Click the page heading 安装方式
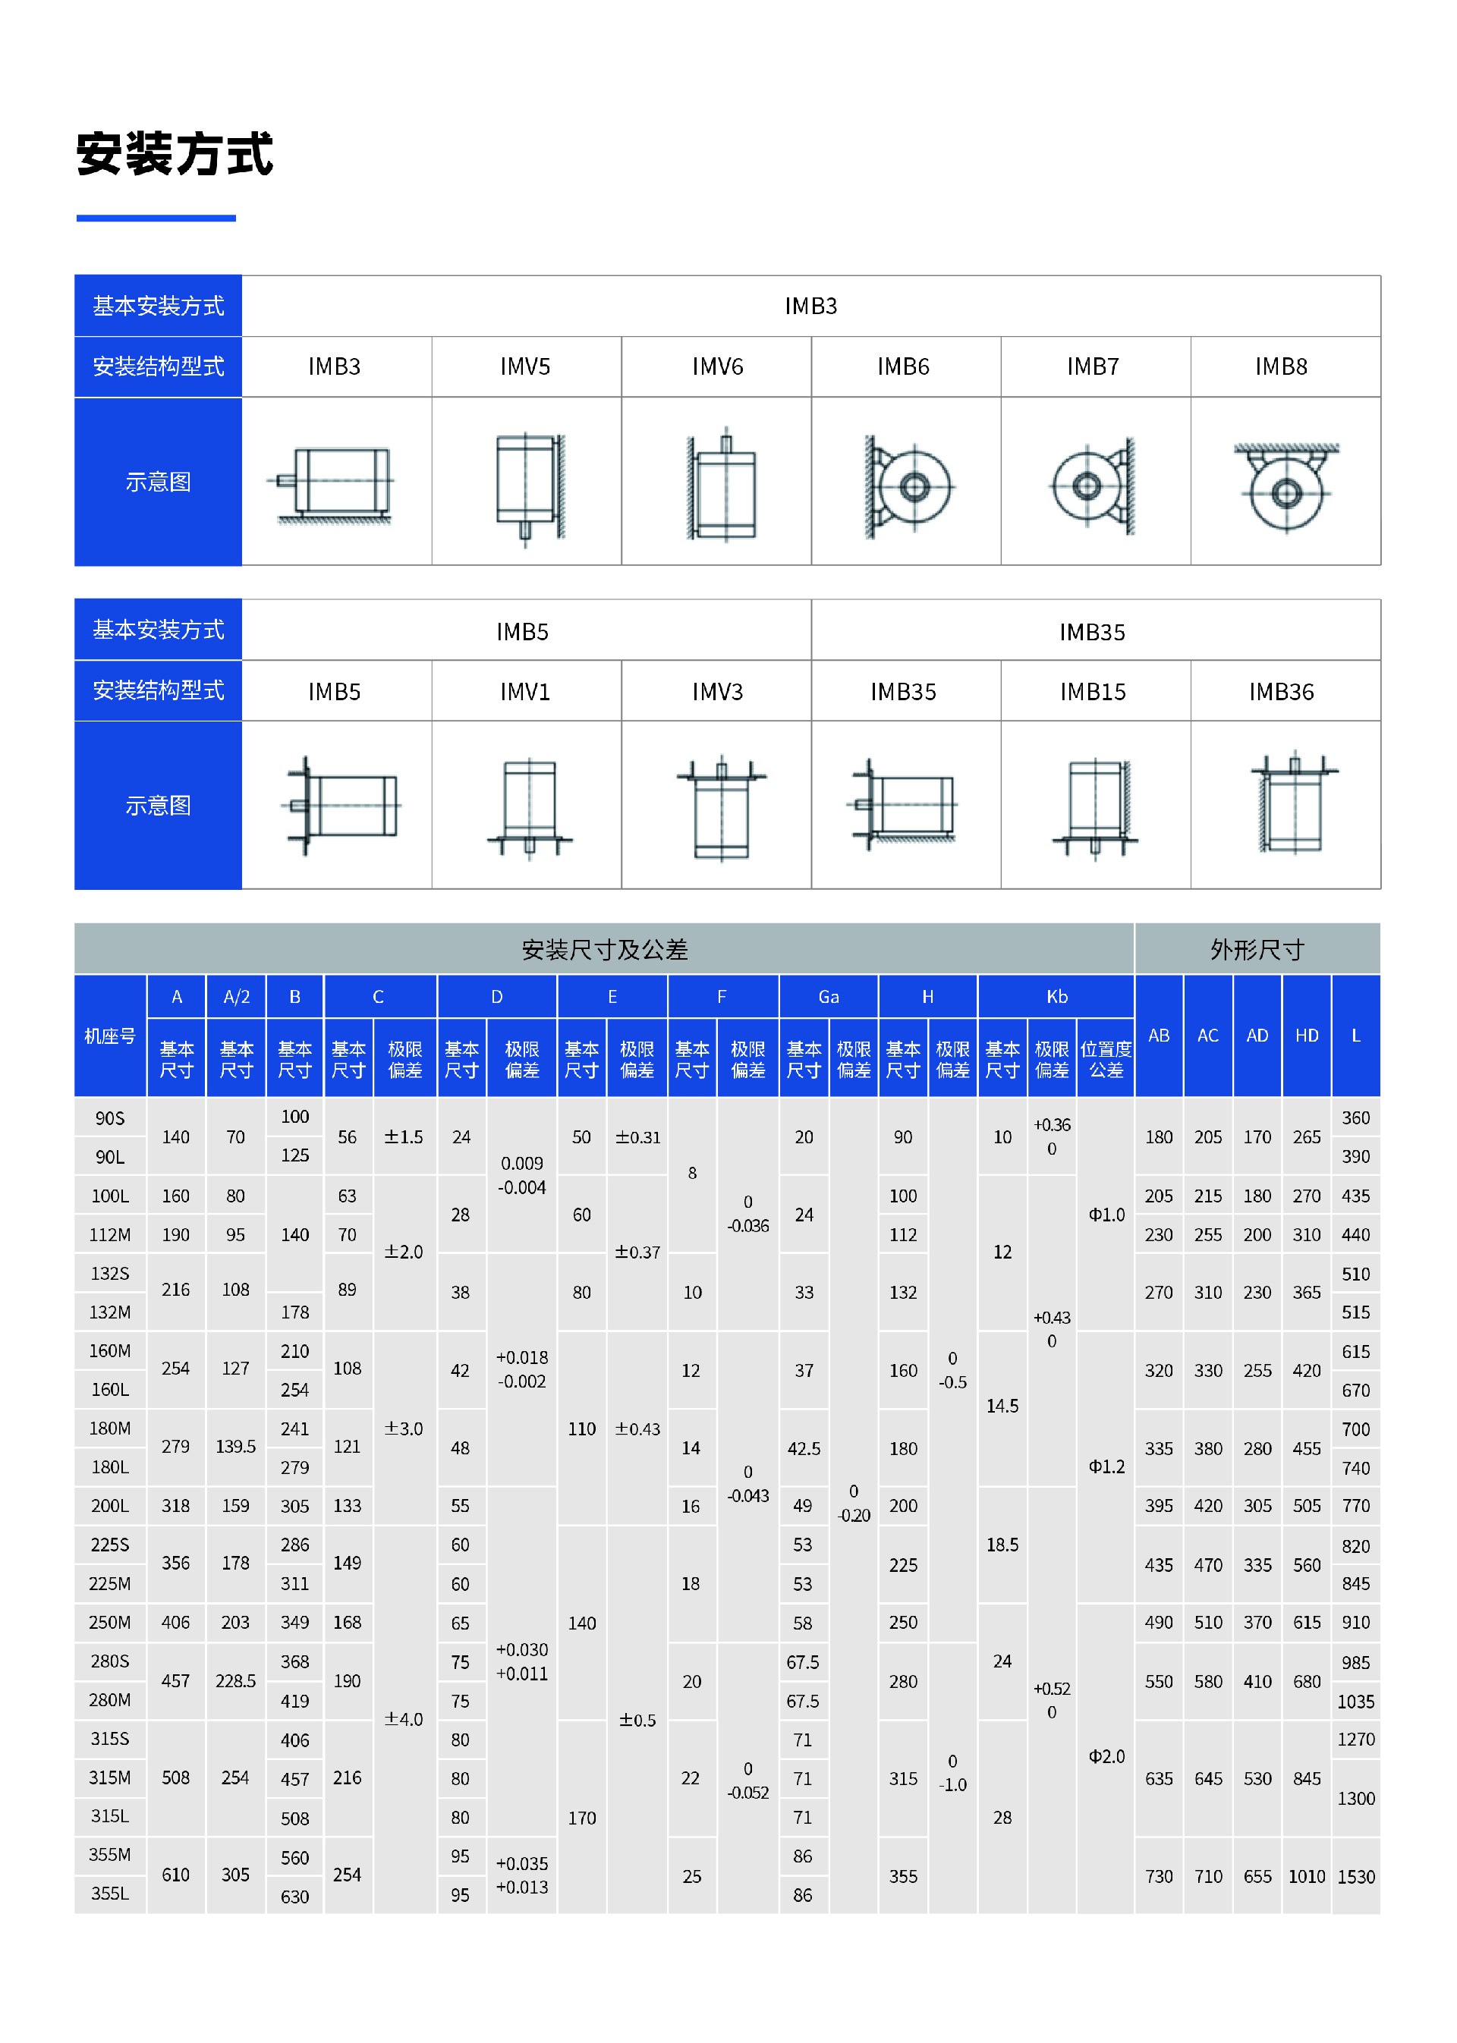[174, 154]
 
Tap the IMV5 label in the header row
[525, 367]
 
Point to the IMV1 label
[525, 691]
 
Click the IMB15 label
[1092, 691]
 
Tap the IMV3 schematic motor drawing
[722, 807]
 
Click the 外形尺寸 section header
[1256, 949]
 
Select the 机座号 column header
[109, 1036]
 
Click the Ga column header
[828, 996]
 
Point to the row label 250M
[109, 1623]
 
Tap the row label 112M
[109, 1235]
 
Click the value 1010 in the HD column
[1305, 1876]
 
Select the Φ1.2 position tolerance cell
[1106, 1466]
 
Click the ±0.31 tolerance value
[637, 1137]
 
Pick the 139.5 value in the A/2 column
[235, 1447]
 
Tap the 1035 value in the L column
[1355, 1702]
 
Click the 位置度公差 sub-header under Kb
[1106, 1059]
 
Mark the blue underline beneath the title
[156, 218]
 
